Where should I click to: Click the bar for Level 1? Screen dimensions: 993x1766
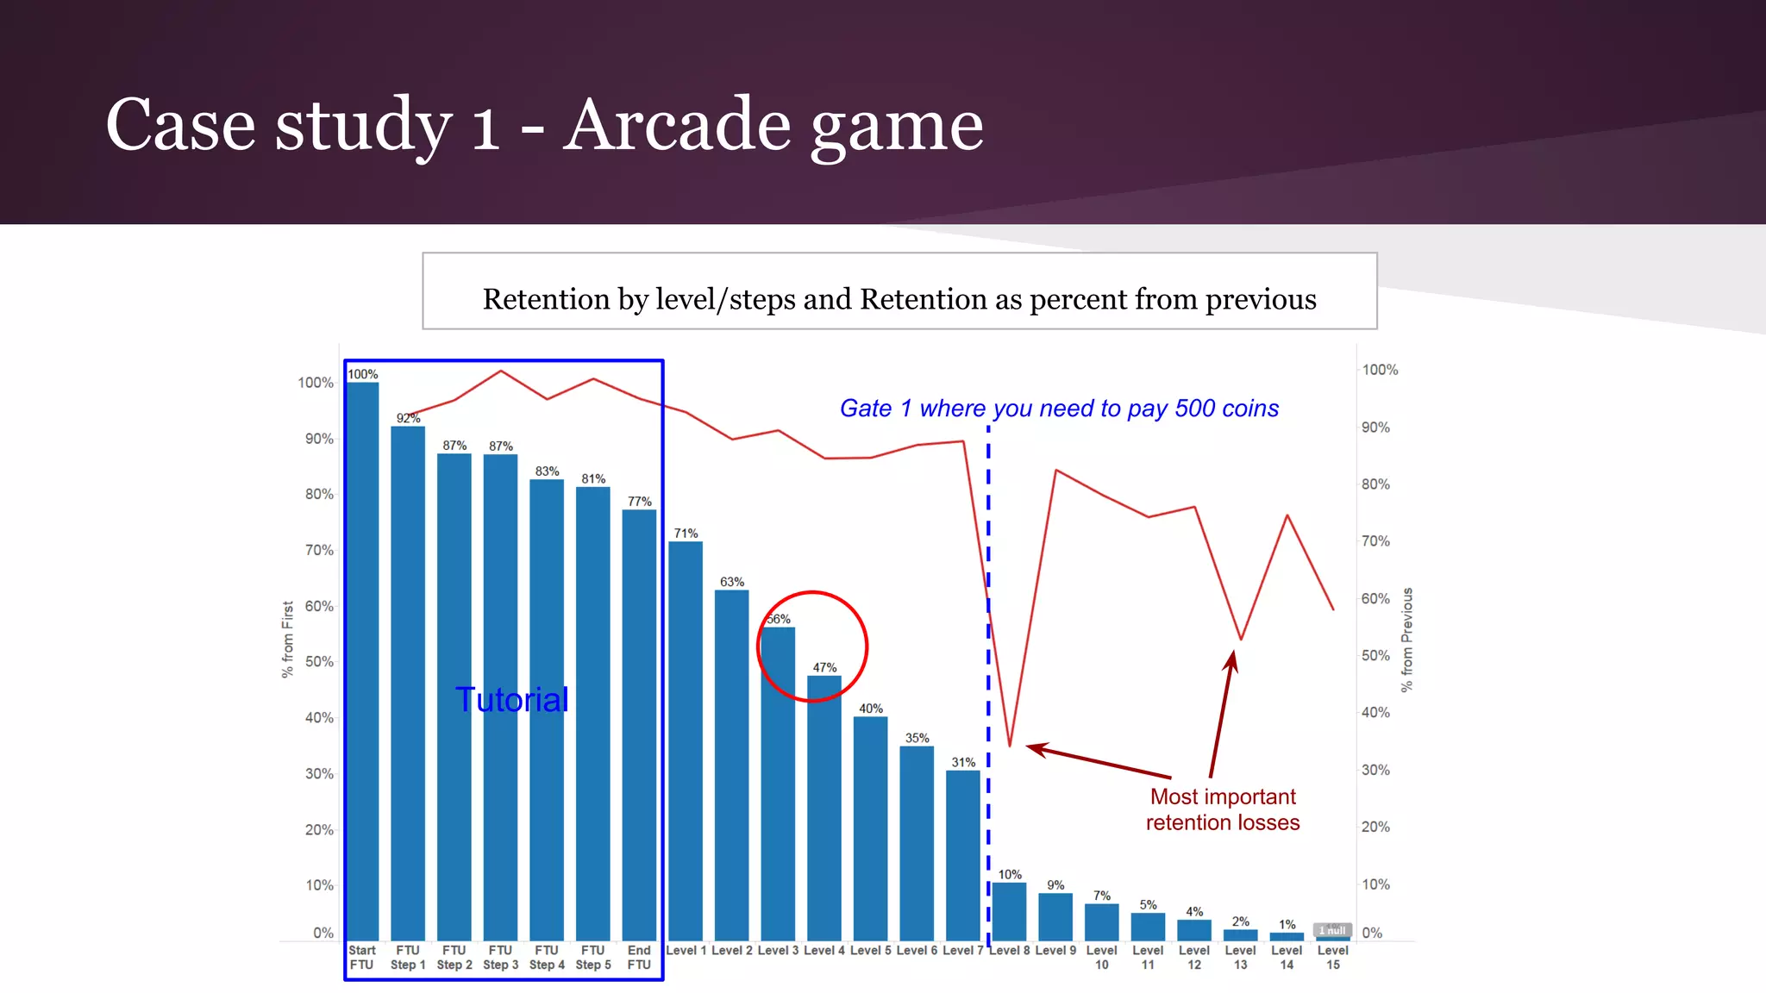coord(686,741)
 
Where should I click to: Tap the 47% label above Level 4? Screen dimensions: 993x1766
coord(824,667)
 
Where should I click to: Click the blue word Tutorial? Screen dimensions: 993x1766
coord(512,700)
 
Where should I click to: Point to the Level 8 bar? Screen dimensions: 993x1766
coord(1010,912)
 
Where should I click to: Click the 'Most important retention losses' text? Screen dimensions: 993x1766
coord(1223,809)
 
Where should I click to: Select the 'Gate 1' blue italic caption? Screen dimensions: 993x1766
coord(1059,409)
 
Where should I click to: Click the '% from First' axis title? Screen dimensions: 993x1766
coord(288,640)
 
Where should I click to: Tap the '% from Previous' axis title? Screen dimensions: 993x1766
coord(1407,640)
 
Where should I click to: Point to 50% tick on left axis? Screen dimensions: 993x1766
coord(318,662)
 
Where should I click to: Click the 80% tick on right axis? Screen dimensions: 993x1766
coord(1375,484)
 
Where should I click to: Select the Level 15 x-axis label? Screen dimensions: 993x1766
coord(1333,957)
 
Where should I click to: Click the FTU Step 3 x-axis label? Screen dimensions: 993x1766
coord(501,957)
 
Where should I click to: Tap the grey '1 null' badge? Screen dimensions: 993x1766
coord(1332,930)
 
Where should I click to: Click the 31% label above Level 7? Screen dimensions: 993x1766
coord(963,762)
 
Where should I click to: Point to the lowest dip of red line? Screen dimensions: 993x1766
coord(1010,746)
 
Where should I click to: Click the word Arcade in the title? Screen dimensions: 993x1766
coord(678,124)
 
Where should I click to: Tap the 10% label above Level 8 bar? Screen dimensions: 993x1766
coord(1010,874)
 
